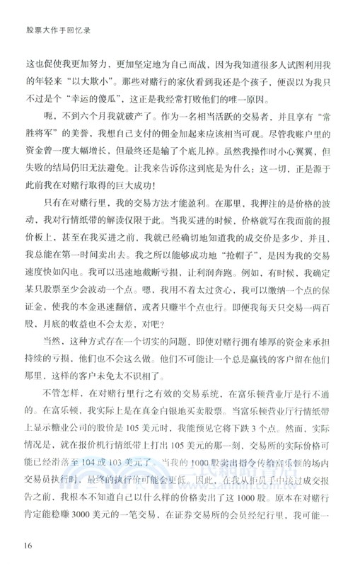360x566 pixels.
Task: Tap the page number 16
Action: coord(28,543)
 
